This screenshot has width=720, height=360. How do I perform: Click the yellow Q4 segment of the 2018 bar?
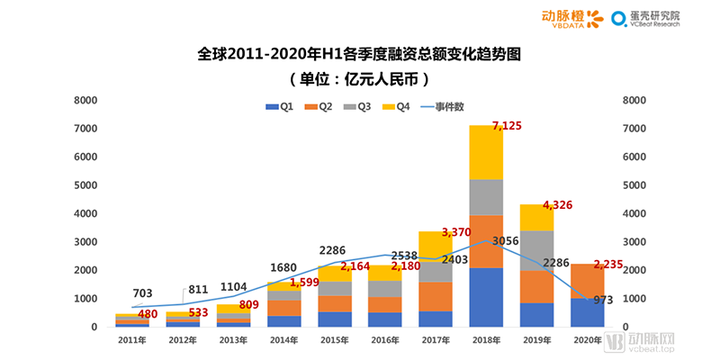click(486, 152)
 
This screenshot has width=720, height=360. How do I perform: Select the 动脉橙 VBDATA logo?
click(571, 18)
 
